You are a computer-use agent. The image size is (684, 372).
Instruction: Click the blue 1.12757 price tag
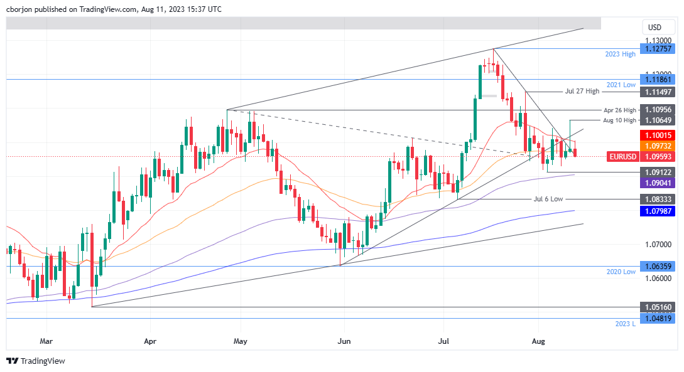tap(656, 48)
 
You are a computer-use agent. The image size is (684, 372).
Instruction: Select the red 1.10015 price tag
tap(656, 135)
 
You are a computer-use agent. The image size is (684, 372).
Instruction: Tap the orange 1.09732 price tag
tap(656, 146)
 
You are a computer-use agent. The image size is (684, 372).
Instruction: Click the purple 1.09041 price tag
tap(656, 182)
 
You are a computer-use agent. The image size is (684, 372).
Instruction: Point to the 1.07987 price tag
tap(656, 211)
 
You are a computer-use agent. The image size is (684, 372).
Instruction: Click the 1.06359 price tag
tap(656, 266)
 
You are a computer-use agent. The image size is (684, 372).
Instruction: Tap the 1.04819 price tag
tap(656, 318)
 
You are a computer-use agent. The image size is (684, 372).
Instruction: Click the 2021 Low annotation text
tap(621, 85)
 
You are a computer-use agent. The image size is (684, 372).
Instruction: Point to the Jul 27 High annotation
tap(583, 92)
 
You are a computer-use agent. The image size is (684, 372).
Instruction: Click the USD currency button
tap(654, 28)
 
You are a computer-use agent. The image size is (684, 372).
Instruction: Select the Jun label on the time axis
tap(344, 342)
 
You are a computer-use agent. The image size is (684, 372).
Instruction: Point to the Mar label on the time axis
tap(46, 342)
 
